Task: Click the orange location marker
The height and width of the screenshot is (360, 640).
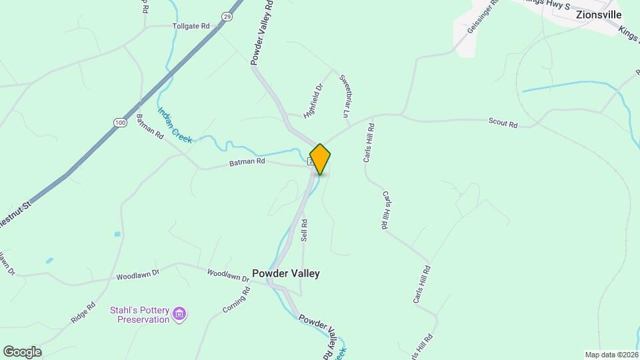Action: coord(320,159)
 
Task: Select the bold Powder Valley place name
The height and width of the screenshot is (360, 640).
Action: coord(285,273)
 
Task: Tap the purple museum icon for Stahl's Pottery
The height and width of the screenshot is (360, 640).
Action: coord(179,313)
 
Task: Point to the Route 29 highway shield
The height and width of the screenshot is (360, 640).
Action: coord(227,17)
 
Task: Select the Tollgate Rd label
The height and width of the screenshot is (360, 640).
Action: coord(191,26)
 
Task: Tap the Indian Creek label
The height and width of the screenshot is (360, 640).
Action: coord(175,125)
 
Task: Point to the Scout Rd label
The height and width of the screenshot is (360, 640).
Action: coord(503,123)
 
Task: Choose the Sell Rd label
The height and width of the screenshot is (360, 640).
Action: coord(305,230)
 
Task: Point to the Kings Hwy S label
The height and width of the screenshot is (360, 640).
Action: coord(549,5)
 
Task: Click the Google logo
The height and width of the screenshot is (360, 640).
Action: coord(22,351)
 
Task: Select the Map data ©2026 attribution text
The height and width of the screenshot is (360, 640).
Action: coord(611,355)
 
